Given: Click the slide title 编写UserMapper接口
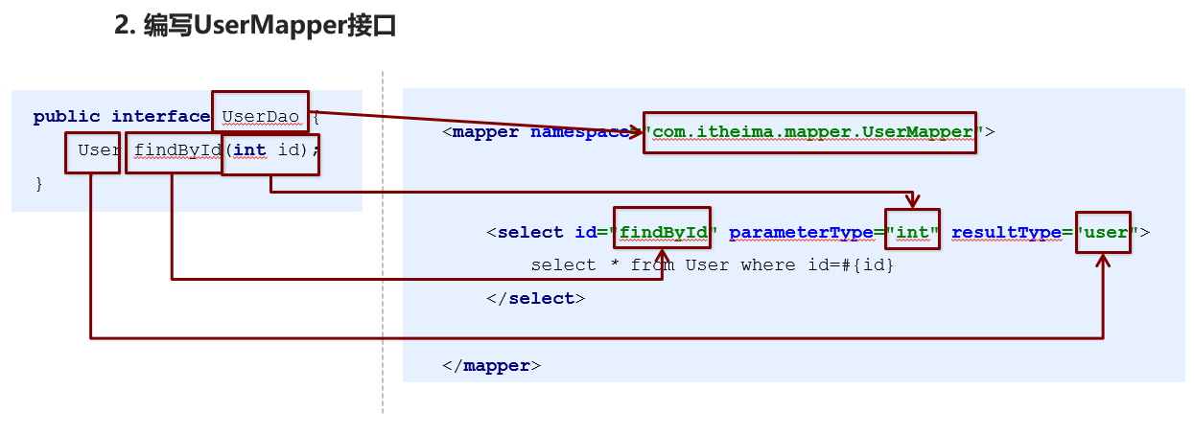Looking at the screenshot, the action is coord(255,27).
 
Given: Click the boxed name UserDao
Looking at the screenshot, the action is coord(260,117).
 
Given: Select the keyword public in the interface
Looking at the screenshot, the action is coord(66,117).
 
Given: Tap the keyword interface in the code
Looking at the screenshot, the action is coord(160,117).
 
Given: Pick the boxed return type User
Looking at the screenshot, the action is coord(93,151).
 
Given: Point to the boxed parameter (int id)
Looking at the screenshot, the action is coord(269,151).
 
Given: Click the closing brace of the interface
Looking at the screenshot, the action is coord(39,183).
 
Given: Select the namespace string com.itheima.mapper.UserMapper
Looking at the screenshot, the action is coord(809,131).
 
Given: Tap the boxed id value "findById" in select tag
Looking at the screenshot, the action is coord(663,232).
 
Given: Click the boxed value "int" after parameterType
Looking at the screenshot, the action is coord(913,232).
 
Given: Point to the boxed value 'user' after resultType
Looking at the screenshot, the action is coord(1104,232).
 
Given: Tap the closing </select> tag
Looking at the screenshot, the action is coord(535,298).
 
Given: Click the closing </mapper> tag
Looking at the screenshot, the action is coord(491,365).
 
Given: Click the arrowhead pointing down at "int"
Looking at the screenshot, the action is coord(913,202).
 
